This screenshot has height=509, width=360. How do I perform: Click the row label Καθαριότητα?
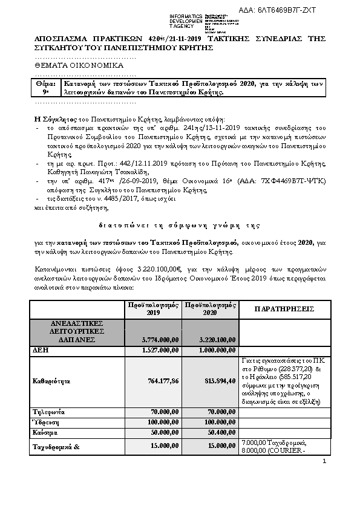point(51,381)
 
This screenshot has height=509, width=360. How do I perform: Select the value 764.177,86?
point(162,381)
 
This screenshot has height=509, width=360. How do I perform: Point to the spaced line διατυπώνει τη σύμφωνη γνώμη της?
point(180,225)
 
